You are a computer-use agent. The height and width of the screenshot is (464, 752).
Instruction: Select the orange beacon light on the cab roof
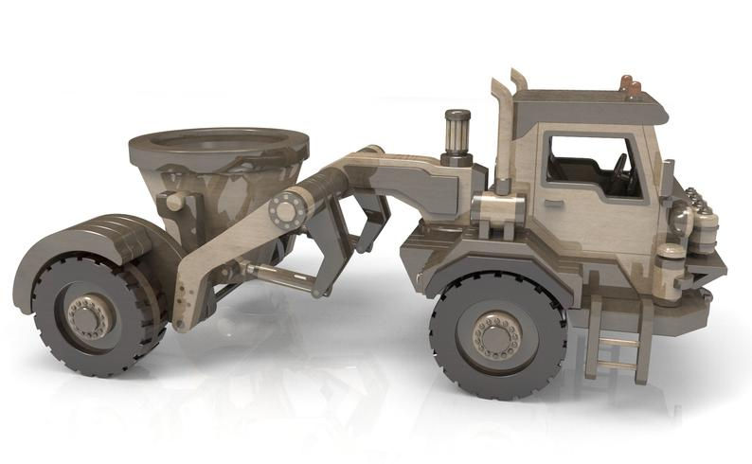click(x=629, y=86)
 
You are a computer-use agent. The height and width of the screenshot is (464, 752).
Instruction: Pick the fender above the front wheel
click(x=492, y=260)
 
